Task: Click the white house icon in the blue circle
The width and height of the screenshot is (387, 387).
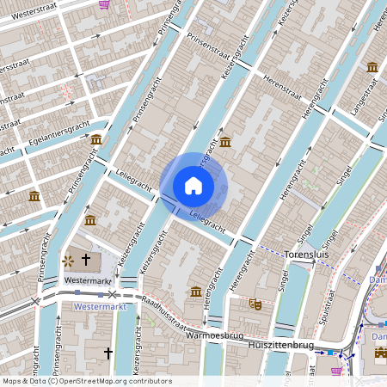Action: (x=193, y=185)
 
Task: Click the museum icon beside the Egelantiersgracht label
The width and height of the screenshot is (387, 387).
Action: (x=96, y=138)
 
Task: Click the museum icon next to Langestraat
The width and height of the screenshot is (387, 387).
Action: (x=372, y=67)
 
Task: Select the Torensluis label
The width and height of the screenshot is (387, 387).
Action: (x=305, y=255)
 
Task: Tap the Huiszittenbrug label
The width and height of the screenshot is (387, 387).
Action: (x=280, y=344)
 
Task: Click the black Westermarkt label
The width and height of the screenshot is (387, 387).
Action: (x=89, y=280)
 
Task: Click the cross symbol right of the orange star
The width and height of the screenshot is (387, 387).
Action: (x=85, y=259)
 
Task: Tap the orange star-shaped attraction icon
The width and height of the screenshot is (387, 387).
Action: (x=68, y=259)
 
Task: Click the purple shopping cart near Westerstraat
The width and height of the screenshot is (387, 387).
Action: (x=104, y=4)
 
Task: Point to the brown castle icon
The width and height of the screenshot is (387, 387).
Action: (x=255, y=304)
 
